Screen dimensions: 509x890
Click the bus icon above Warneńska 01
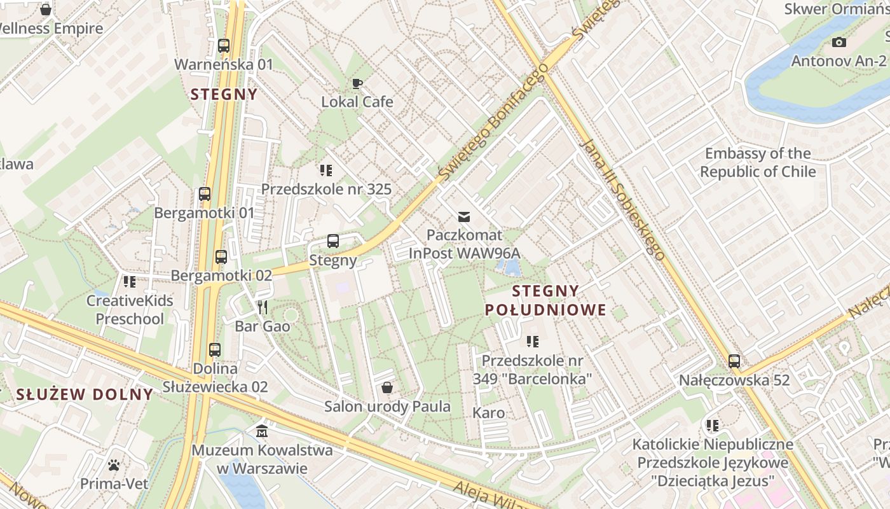[x=223, y=46]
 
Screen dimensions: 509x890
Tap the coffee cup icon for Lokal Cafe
[x=357, y=83]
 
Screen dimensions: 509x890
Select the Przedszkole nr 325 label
[x=326, y=189]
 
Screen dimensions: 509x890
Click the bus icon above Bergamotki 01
[x=205, y=194]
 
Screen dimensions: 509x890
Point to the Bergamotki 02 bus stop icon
[x=221, y=257]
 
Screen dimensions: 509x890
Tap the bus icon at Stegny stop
[x=333, y=241]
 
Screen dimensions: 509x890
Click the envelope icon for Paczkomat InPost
[x=465, y=216]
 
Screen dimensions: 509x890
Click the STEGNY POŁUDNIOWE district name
[x=545, y=301]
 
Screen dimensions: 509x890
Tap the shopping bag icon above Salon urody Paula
[x=387, y=387]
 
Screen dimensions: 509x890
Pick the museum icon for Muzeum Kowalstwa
[x=262, y=431]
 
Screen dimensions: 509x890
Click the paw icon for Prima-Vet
[x=114, y=465]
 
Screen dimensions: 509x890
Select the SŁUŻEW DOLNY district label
[x=85, y=394]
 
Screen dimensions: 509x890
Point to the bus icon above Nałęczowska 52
[x=734, y=361]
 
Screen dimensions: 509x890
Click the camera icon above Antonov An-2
[x=839, y=43]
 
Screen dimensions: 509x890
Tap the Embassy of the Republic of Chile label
[x=758, y=162]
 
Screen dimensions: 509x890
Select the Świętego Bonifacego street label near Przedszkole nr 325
[x=493, y=121]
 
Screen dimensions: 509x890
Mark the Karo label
[x=489, y=413]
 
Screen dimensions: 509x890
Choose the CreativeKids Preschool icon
[x=130, y=281]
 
